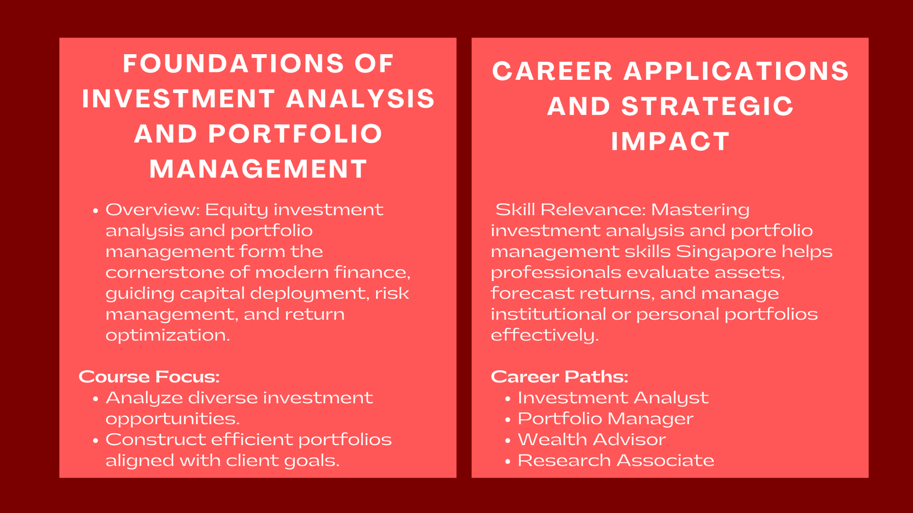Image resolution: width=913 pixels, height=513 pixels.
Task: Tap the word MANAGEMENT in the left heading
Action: (x=258, y=169)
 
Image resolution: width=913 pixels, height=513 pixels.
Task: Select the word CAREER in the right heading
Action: (x=552, y=71)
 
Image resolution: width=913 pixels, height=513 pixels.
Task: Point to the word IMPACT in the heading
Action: (x=670, y=141)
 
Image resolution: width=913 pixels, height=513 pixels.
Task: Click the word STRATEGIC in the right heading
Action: (x=707, y=106)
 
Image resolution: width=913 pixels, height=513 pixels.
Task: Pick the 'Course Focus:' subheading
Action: (x=149, y=377)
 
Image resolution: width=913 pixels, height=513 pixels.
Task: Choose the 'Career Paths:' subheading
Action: (x=559, y=377)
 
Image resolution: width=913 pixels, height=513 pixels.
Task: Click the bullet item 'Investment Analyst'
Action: (x=613, y=398)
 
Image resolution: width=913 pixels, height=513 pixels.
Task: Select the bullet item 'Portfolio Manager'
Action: (x=605, y=418)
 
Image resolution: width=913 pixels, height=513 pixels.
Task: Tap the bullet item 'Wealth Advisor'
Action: (x=591, y=439)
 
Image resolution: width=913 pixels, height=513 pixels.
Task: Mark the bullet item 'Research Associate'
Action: (x=616, y=461)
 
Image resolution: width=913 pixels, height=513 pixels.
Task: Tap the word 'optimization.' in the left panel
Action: (x=168, y=336)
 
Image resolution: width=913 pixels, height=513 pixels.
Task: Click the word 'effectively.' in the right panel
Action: (x=544, y=336)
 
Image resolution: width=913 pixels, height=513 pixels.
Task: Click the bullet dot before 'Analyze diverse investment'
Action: (x=95, y=398)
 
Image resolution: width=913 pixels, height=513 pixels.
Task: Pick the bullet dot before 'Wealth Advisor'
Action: (x=507, y=441)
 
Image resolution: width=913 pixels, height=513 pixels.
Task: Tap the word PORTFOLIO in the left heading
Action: (x=296, y=134)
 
